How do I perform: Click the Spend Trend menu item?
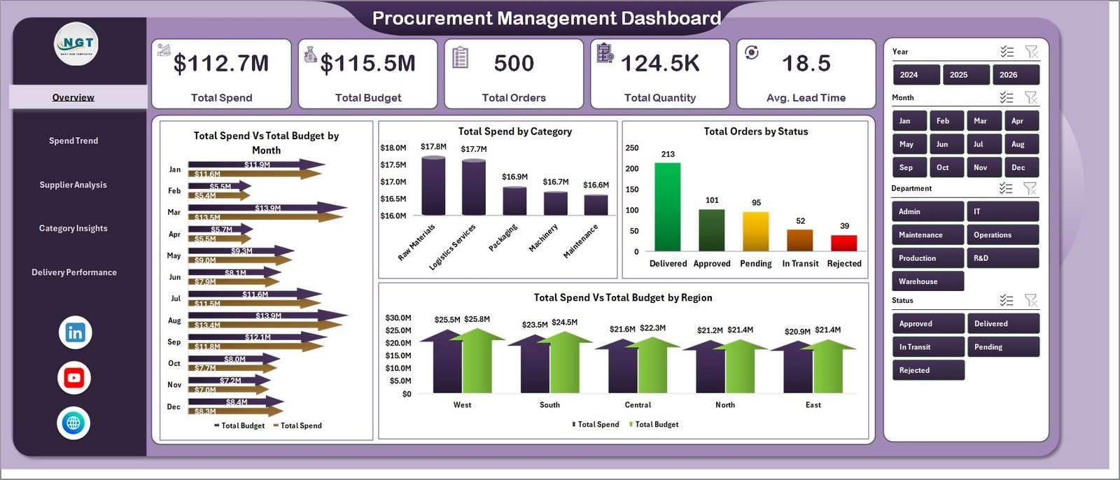tap(73, 141)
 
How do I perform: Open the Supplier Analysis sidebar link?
tap(73, 185)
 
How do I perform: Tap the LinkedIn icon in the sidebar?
tap(75, 332)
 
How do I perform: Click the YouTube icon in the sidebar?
tap(74, 378)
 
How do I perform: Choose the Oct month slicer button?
tap(943, 168)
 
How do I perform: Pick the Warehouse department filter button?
tap(927, 281)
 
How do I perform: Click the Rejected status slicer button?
tap(927, 370)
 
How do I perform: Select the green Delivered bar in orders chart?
tap(667, 206)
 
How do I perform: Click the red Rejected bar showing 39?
tap(843, 243)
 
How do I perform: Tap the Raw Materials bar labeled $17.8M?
tap(433, 186)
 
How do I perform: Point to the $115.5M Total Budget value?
tap(368, 64)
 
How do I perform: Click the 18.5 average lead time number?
tap(806, 64)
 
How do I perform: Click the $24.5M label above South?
tap(564, 323)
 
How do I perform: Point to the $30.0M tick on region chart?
tap(398, 318)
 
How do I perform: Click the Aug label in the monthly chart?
tap(174, 320)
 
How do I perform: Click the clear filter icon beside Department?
tap(1030, 188)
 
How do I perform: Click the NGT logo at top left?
tap(76, 43)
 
